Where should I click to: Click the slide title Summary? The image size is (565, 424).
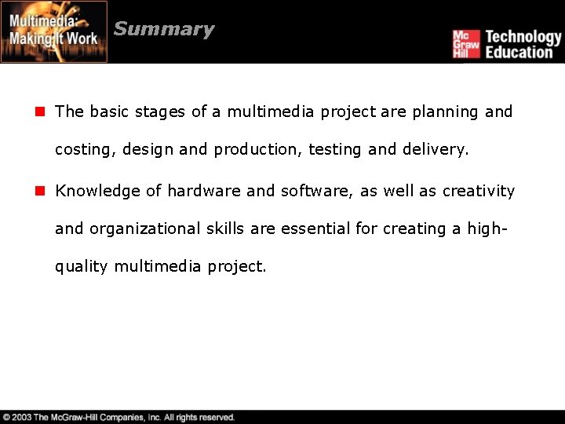(x=163, y=30)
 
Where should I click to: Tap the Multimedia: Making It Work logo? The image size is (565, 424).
(x=53, y=31)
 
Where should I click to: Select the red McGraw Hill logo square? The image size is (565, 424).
(x=465, y=44)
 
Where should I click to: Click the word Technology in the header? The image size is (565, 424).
(x=523, y=36)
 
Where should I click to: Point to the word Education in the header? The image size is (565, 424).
(x=519, y=53)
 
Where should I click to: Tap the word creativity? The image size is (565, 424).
(x=478, y=191)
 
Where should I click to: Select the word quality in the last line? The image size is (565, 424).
(x=82, y=267)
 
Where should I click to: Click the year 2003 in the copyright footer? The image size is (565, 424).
(x=21, y=417)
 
